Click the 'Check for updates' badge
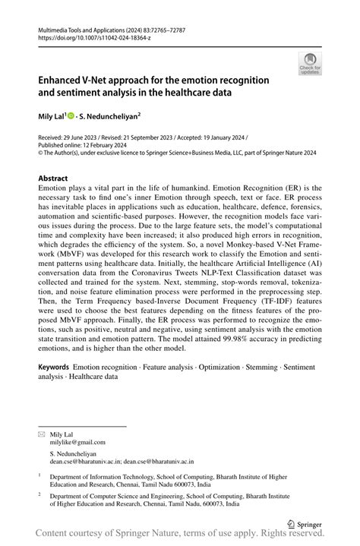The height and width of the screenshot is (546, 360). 310,64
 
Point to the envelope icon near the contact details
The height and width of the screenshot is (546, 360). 42,434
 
